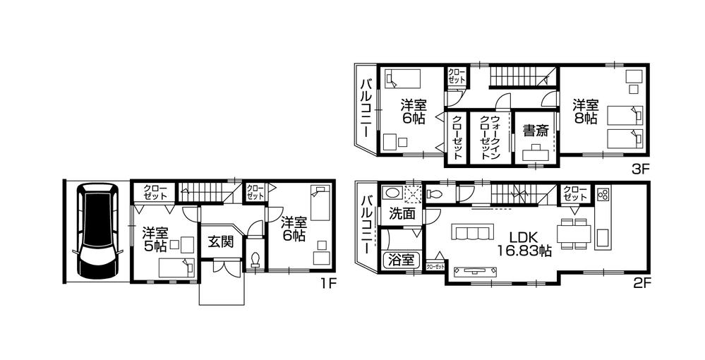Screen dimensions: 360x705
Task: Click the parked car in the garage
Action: point(96,231)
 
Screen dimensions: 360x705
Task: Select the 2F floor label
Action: point(642,284)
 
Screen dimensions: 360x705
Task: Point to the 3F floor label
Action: point(642,169)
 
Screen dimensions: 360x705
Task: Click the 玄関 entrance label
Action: point(220,241)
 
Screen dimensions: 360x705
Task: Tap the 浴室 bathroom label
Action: point(399,260)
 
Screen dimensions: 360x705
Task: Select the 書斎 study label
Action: point(534,131)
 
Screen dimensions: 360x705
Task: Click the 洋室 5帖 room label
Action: point(155,239)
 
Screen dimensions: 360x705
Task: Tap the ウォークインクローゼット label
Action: point(490,138)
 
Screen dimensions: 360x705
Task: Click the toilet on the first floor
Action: point(255,258)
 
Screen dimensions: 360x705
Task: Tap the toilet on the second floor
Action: point(435,193)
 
